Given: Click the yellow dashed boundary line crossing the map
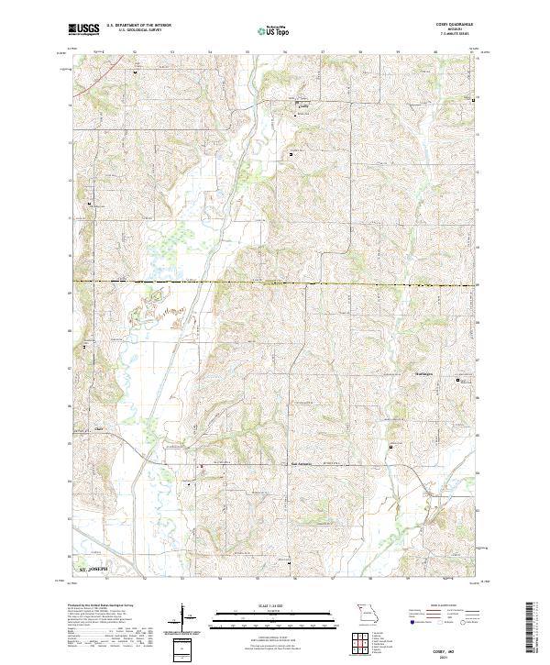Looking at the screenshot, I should pyautogui.click(x=275, y=283).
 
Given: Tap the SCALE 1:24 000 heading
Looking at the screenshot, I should pyautogui.click(x=274, y=605).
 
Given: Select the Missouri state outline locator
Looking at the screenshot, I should pyautogui.click(x=367, y=612).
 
